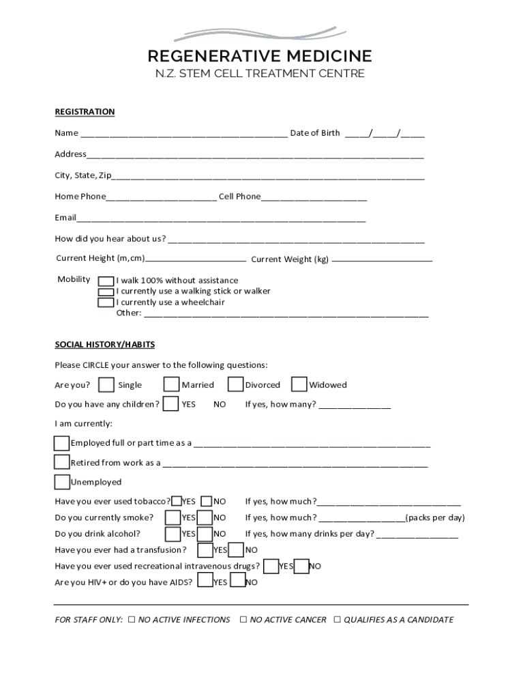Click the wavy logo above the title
261,33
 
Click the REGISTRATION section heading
85,112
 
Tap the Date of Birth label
315,133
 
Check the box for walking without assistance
106,281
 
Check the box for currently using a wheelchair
106,302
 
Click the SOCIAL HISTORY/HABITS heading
105,345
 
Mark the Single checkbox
106,385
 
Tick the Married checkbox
172,385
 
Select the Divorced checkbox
235,385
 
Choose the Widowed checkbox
299,385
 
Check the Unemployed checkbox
62,483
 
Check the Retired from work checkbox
62,463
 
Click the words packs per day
436,517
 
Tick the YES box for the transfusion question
205,550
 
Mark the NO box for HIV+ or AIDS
237,582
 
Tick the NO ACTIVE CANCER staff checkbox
243,620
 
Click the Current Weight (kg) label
290,259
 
